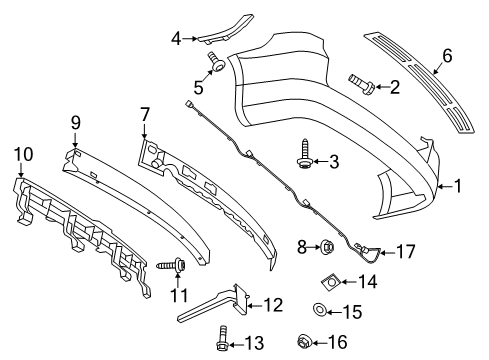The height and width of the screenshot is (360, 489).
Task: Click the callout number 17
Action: point(406,252)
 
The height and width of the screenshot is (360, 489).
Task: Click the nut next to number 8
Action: point(327,247)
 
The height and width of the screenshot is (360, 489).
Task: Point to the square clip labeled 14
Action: point(331,282)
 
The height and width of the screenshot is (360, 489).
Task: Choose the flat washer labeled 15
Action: point(319,310)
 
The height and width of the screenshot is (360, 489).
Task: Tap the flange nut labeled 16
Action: point(304,341)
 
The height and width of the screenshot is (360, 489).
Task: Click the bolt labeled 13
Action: point(222,338)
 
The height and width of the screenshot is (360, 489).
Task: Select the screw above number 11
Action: point(171,265)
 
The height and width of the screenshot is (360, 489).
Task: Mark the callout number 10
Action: point(23,155)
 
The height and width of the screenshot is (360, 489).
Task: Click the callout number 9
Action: point(76,123)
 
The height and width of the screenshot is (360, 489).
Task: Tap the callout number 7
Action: point(144,115)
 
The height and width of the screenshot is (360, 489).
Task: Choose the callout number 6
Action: point(447,56)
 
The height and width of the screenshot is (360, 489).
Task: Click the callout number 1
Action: point(458,186)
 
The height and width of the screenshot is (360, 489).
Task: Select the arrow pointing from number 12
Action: point(254,305)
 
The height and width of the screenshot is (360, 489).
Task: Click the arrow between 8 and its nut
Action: point(314,247)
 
